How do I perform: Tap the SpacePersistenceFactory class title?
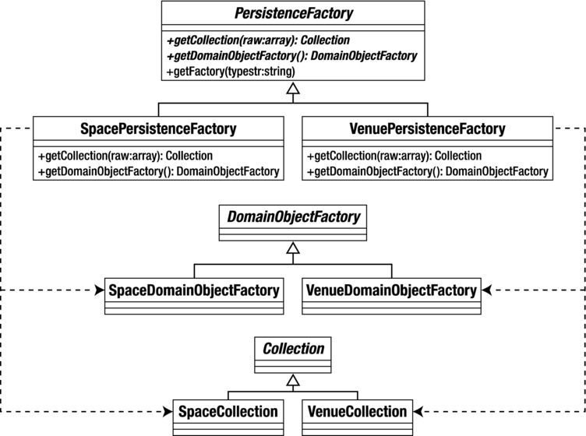tap(158, 128)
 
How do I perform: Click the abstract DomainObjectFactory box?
tap(292, 217)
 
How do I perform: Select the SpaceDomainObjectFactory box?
tap(193, 291)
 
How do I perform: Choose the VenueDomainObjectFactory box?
tap(390, 291)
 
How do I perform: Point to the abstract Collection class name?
tap(292, 349)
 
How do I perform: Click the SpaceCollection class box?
tap(227, 411)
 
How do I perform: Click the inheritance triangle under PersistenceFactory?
tap(292, 92)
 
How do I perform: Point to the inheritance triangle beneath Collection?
tap(292, 381)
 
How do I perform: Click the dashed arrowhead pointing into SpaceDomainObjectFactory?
tap(98, 291)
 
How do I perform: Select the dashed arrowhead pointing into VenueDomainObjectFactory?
tap(486, 291)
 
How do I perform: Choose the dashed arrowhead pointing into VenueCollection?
tap(418, 410)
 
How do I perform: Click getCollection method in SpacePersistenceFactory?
tap(125, 156)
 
